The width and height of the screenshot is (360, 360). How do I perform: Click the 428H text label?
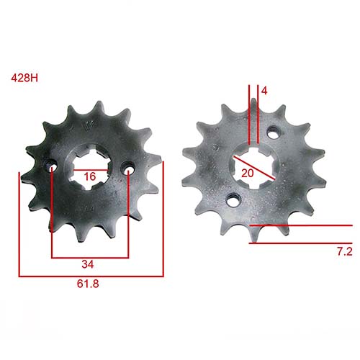(24, 77)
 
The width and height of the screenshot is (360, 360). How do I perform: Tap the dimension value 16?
(89, 176)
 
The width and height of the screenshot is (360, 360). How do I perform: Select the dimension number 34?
(90, 264)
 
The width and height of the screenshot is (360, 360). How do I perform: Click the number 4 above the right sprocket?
(265, 91)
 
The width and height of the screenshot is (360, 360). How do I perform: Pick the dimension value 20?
(248, 173)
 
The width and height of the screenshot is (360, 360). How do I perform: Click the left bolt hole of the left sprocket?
(53, 168)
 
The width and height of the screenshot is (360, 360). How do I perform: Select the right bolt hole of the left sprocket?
(128, 170)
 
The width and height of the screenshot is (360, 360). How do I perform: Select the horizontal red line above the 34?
(90, 256)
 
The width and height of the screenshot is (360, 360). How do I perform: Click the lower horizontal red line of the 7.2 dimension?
(302, 243)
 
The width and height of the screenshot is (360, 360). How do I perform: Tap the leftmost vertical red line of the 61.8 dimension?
(19, 223)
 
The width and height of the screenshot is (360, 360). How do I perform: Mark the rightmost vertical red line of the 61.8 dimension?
(164, 220)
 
